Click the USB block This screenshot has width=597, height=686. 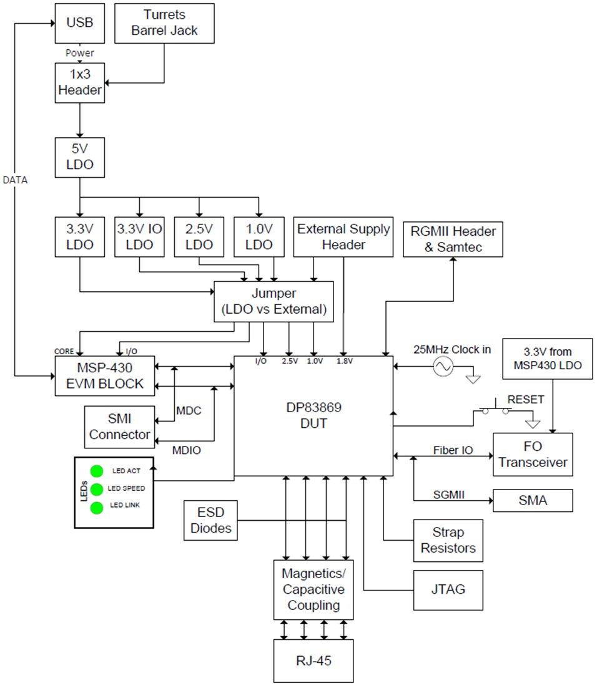coord(79,23)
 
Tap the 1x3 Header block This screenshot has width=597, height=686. coord(79,83)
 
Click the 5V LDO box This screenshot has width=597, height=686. coord(79,159)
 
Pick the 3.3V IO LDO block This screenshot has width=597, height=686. coord(139,237)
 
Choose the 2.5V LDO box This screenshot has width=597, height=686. coord(199,237)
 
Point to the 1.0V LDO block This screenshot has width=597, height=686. coord(259,237)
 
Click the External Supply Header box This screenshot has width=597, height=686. coord(343,237)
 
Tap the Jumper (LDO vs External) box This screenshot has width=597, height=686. coord(274,302)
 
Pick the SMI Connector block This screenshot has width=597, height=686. coord(119,427)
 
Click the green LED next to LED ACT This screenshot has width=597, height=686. coord(97,471)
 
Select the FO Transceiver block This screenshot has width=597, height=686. coord(532,455)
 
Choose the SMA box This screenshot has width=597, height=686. coord(532,501)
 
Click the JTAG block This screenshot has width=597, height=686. coord(448,590)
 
